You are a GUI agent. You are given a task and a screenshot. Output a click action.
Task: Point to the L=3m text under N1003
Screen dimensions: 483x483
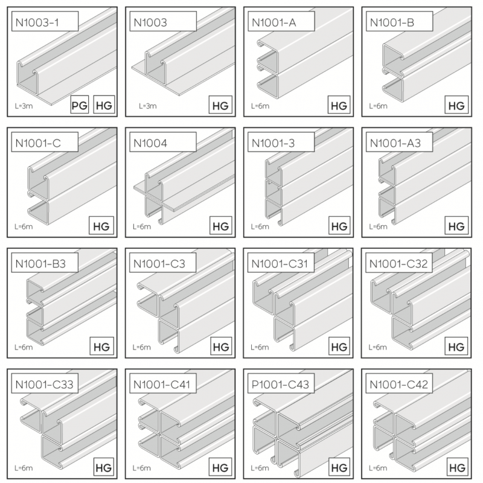[x=147, y=106]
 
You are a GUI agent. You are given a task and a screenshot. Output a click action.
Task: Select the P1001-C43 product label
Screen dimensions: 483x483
[x=281, y=384]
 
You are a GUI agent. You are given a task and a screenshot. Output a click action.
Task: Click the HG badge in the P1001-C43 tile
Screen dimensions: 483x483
[x=339, y=467]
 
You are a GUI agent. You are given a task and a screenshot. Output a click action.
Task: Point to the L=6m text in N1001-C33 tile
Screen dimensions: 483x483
[x=24, y=468]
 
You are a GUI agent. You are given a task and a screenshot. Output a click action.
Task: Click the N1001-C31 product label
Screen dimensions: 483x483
[x=281, y=264]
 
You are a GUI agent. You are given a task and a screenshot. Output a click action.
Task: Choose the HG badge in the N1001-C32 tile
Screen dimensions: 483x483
[x=456, y=347]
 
